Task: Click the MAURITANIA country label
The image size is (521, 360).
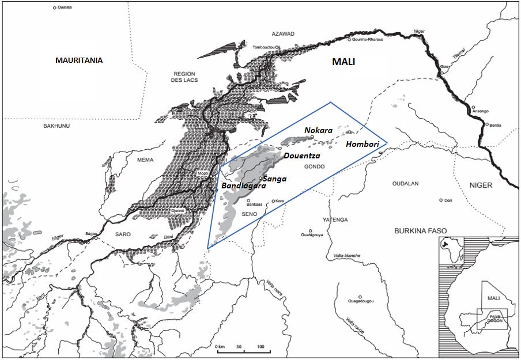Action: (79, 60)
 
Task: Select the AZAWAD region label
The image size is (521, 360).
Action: (282, 34)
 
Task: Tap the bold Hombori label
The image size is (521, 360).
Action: (363, 143)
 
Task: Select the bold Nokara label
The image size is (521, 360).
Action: (319, 130)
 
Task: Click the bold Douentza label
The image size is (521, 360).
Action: (302, 156)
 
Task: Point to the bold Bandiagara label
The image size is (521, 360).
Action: (244, 186)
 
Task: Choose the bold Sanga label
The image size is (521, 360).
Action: (274, 179)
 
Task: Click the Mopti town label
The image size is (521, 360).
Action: (202, 173)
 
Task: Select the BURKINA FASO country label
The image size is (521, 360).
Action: (420, 230)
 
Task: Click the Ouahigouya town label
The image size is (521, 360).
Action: (312, 234)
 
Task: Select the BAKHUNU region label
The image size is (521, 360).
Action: (56, 125)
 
